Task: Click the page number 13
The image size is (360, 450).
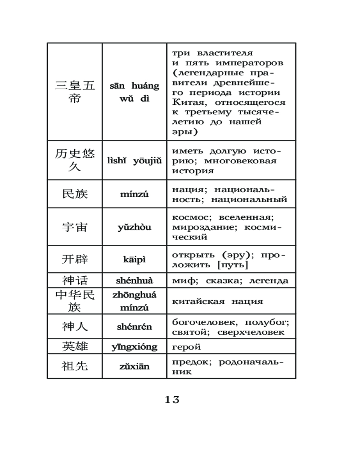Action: pyautogui.click(x=172, y=399)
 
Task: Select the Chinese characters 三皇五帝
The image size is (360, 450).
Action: pyautogui.click(x=75, y=92)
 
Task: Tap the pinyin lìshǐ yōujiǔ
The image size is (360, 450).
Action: pyautogui.click(x=135, y=161)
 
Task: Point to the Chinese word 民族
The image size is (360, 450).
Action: pyautogui.click(x=75, y=194)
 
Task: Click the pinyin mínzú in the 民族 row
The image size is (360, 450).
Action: pyautogui.click(x=135, y=194)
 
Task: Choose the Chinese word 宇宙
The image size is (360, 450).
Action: pyautogui.click(x=75, y=227)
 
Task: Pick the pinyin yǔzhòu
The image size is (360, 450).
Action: pyautogui.click(x=135, y=227)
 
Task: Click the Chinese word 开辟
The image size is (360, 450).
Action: pyautogui.click(x=75, y=260)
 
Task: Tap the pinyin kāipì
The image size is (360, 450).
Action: pyautogui.click(x=135, y=260)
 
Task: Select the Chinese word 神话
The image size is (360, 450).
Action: pyautogui.click(x=75, y=281)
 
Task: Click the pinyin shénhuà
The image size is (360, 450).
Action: pyautogui.click(x=135, y=281)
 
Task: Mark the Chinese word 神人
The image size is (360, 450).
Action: pyautogui.click(x=75, y=327)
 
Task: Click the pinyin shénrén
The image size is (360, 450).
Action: pyautogui.click(x=135, y=327)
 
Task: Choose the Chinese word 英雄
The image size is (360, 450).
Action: pyautogui.click(x=75, y=346)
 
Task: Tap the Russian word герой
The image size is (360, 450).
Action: pyautogui.click(x=187, y=347)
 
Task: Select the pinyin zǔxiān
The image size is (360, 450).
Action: pyautogui.click(x=135, y=366)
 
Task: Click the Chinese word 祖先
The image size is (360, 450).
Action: pyautogui.click(x=75, y=366)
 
